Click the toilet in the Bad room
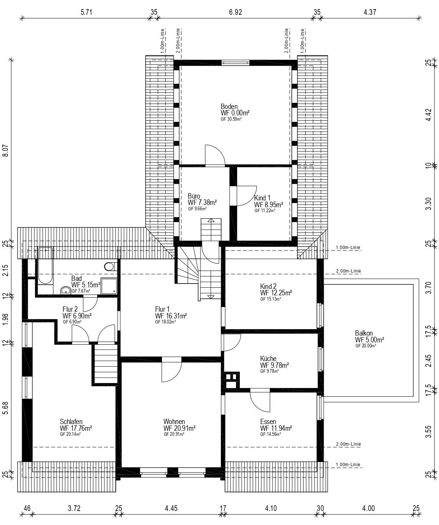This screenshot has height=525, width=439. pyautogui.click(x=111, y=266)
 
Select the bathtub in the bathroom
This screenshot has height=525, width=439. pyautogui.click(x=45, y=265)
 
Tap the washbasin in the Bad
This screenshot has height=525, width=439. pyautogui.click(x=66, y=290)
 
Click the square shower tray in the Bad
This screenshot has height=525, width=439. pyautogui.click(x=109, y=286)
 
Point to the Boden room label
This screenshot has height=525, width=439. pyautogui.click(x=229, y=106)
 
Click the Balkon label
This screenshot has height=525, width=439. pyautogui.click(x=363, y=333)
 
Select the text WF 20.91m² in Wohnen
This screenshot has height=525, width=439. pyautogui.click(x=179, y=428)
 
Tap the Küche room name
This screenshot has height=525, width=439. pyautogui.click(x=268, y=359)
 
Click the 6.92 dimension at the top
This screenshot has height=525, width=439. pyautogui.click(x=236, y=12)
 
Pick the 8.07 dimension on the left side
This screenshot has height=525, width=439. pyautogui.click(x=5, y=150)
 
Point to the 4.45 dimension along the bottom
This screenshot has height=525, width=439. pyautogui.click(x=171, y=508)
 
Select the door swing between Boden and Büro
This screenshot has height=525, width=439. pyautogui.click(x=215, y=155)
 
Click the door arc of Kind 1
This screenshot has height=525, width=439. pyautogui.click(x=247, y=196)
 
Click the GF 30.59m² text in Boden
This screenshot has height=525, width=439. pyautogui.click(x=231, y=119)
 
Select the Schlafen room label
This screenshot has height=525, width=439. pyautogui.click(x=71, y=421)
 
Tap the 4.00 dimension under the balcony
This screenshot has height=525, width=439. pyautogui.click(x=368, y=508)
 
